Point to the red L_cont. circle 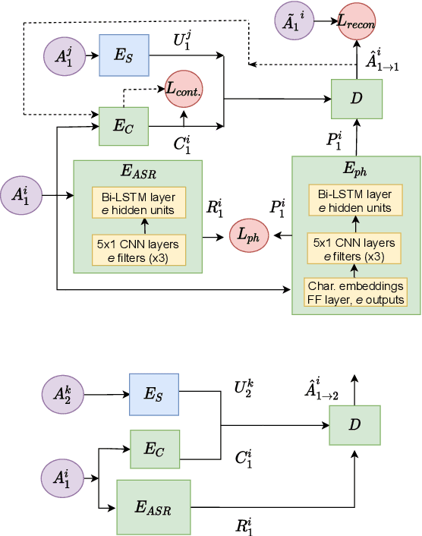click(x=184, y=90)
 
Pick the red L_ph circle click(x=250, y=236)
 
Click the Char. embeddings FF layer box click(x=355, y=292)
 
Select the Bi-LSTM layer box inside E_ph click(x=355, y=200)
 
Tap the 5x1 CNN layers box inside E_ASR click(x=137, y=250)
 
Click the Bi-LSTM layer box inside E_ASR click(x=137, y=202)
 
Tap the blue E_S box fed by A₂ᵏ click(x=154, y=393)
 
